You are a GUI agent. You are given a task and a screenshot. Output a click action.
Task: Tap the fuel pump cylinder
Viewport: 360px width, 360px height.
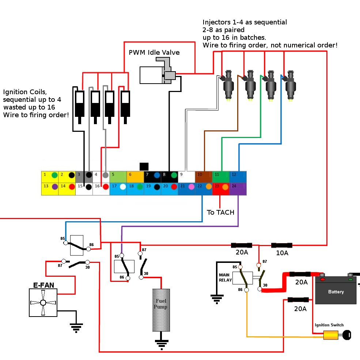tap(161, 310)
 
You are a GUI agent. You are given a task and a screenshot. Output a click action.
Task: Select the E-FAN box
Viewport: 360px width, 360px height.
tap(43, 303)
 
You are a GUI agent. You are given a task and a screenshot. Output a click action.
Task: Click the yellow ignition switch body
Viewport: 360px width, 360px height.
tap(330, 335)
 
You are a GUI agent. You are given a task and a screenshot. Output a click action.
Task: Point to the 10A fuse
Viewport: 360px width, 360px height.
tap(282, 245)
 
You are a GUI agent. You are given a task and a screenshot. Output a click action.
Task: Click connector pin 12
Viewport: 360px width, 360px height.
tap(238, 177)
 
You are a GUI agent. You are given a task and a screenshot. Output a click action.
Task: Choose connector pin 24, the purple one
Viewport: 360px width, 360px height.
tap(238, 189)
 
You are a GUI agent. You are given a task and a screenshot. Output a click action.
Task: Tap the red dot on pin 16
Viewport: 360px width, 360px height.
tap(106, 187)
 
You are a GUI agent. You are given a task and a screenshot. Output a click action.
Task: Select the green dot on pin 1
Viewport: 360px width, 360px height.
tap(54, 175)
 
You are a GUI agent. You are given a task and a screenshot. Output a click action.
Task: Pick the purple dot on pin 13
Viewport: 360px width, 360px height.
tap(55, 187)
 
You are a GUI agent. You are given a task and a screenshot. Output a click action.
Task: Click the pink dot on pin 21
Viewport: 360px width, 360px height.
tap(191, 187)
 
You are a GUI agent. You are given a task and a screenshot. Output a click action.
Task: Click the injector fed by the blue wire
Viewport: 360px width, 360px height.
tap(290, 85)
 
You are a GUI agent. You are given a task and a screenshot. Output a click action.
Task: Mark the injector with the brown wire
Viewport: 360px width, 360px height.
tap(250, 85)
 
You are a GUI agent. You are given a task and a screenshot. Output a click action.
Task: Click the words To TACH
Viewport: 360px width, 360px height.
tap(220, 212)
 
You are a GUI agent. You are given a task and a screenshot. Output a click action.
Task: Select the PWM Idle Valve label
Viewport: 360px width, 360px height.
tap(154, 52)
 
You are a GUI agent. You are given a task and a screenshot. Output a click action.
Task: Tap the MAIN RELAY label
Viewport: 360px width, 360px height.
tap(225, 277)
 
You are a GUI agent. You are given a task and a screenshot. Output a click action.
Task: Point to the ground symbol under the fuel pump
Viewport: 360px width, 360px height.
tap(162, 345)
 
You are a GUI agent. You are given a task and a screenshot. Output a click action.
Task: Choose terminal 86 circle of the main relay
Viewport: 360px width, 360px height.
tap(246, 290)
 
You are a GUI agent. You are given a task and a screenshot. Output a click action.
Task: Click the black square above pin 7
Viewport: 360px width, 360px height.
tap(144, 167)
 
